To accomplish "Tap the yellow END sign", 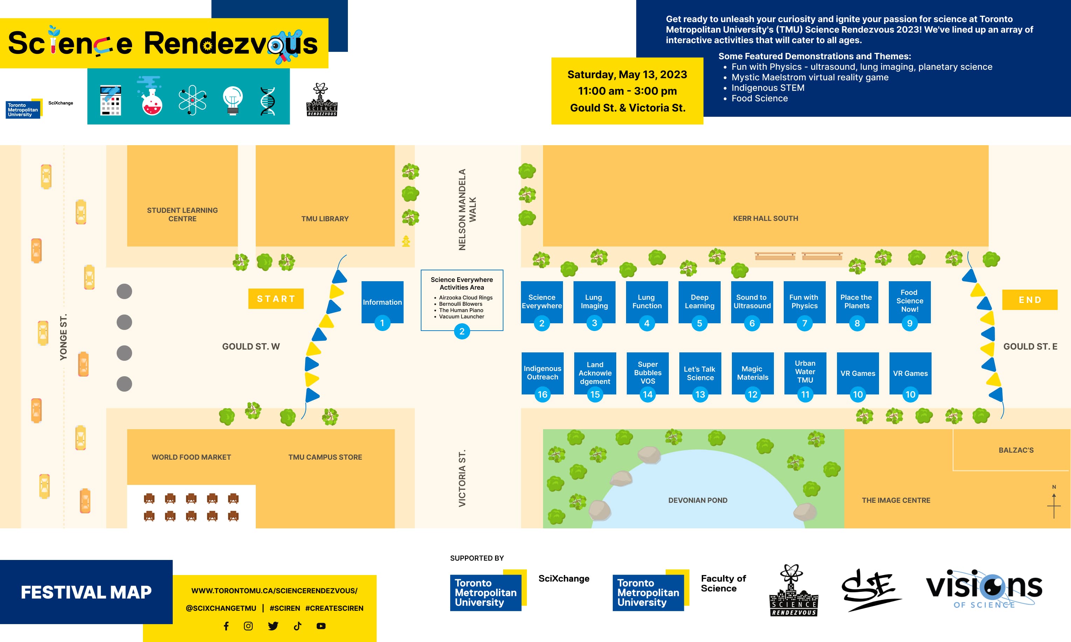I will [x=1030, y=300].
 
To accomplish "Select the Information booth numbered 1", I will [x=382, y=302].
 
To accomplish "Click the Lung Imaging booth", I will [x=594, y=302].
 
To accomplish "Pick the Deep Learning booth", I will [x=699, y=302].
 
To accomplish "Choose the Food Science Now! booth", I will [x=909, y=301].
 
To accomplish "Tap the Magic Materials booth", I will [x=753, y=373].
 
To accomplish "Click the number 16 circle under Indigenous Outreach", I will [x=542, y=394].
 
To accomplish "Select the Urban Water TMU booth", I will [x=805, y=372].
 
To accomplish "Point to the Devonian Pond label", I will [x=698, y=500].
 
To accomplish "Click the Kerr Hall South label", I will [x=765, y=218].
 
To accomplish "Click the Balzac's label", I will [x=1016, y=450].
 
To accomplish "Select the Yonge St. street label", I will [x=63, y=337].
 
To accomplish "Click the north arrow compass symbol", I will [x=1054, y=503].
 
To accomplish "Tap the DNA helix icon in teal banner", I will [x=268, y=101].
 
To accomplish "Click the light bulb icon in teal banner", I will [x=233, y=100].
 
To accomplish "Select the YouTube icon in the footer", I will [x=321, y=626].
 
